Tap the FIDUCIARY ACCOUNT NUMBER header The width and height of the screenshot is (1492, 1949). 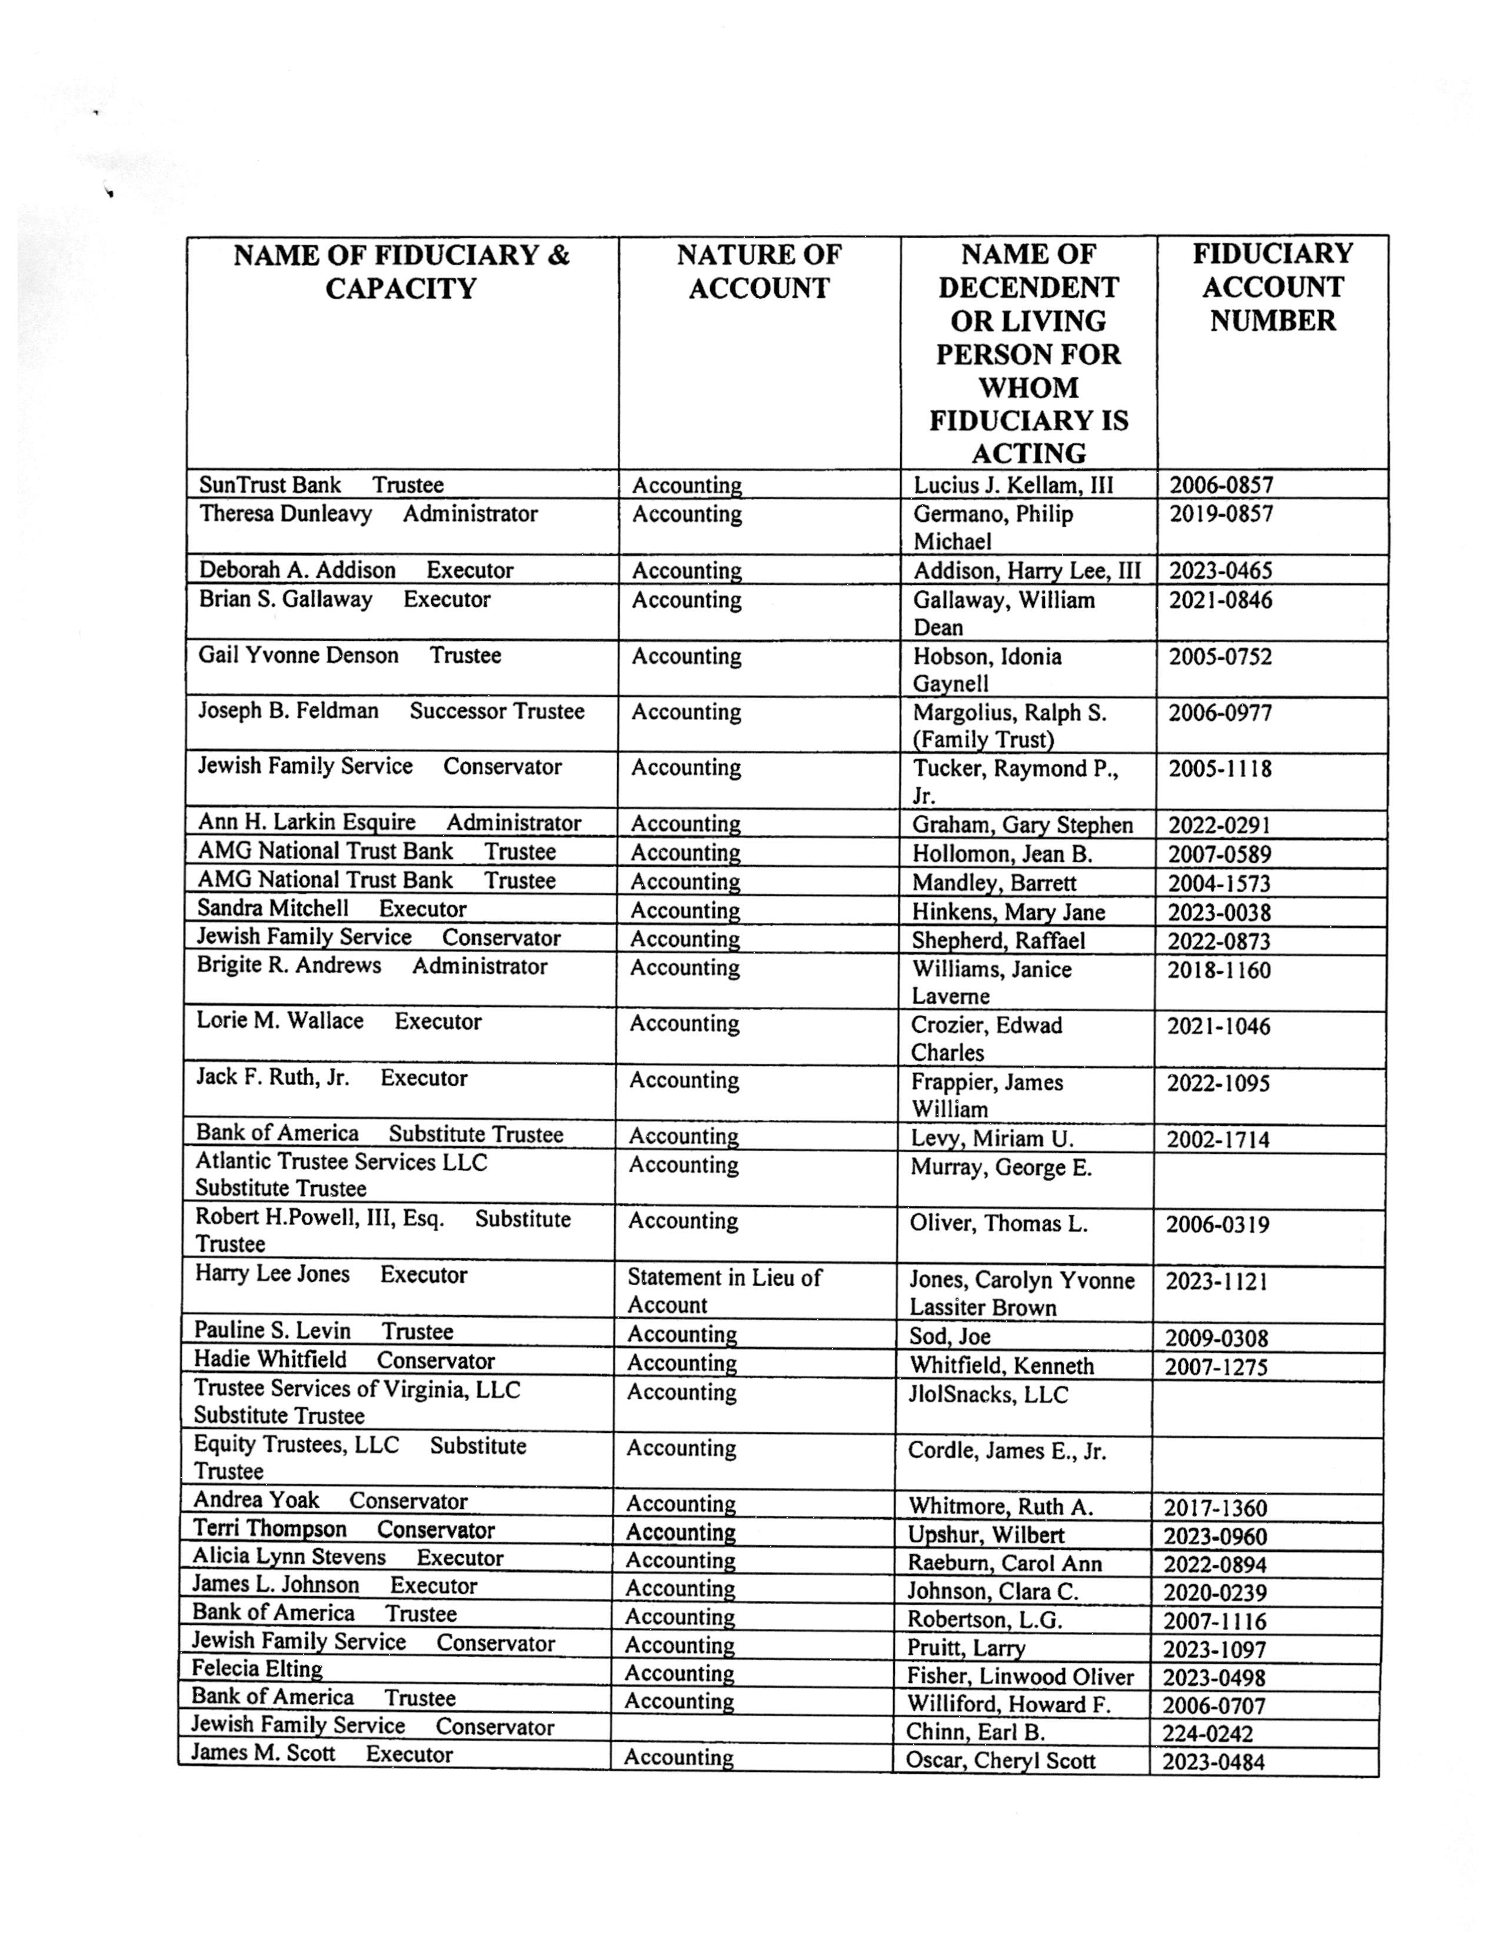pos(1272,287)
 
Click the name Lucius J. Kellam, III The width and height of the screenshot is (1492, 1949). pos(1013,485)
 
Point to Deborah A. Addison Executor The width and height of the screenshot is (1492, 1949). pos(355,570)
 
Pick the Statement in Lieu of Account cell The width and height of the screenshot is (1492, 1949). pos(724,1291)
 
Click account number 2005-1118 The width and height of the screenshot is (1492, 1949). pos(1220,769)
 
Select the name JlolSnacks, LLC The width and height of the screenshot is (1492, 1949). pos(988,1395)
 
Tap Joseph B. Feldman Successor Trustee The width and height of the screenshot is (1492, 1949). pos(391,711)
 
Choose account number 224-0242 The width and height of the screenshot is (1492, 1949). pos(1207,1733)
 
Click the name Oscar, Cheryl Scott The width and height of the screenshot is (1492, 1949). pos(1000,1761)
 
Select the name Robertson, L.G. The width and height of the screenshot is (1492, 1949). pos(984,1619)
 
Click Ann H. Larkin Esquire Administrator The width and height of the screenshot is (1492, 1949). pos(389,823)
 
